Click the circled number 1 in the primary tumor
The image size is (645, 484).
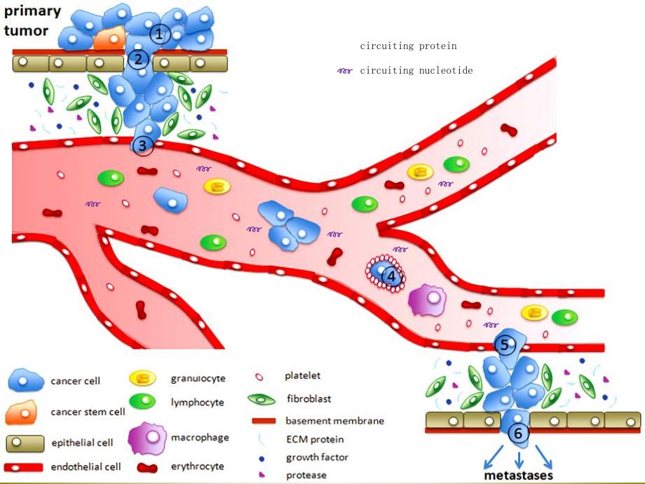pos(160,33)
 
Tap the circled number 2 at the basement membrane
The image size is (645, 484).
pos(138,59)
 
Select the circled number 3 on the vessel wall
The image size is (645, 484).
pos(142,145)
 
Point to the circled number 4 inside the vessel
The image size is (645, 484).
pos(392,276)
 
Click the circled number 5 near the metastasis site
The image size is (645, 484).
pos(505,344)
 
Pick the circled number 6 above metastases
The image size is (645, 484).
pos(518,433)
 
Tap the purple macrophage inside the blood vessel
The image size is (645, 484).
pos(429,300)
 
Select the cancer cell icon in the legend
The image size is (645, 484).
pos(27,382)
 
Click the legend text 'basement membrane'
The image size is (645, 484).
pos(334,421)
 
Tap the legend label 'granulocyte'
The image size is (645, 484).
pos(198,379)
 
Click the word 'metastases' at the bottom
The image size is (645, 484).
pos(518,475)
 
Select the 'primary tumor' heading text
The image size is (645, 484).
pos(32,21)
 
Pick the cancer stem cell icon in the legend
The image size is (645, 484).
pos(25,412)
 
